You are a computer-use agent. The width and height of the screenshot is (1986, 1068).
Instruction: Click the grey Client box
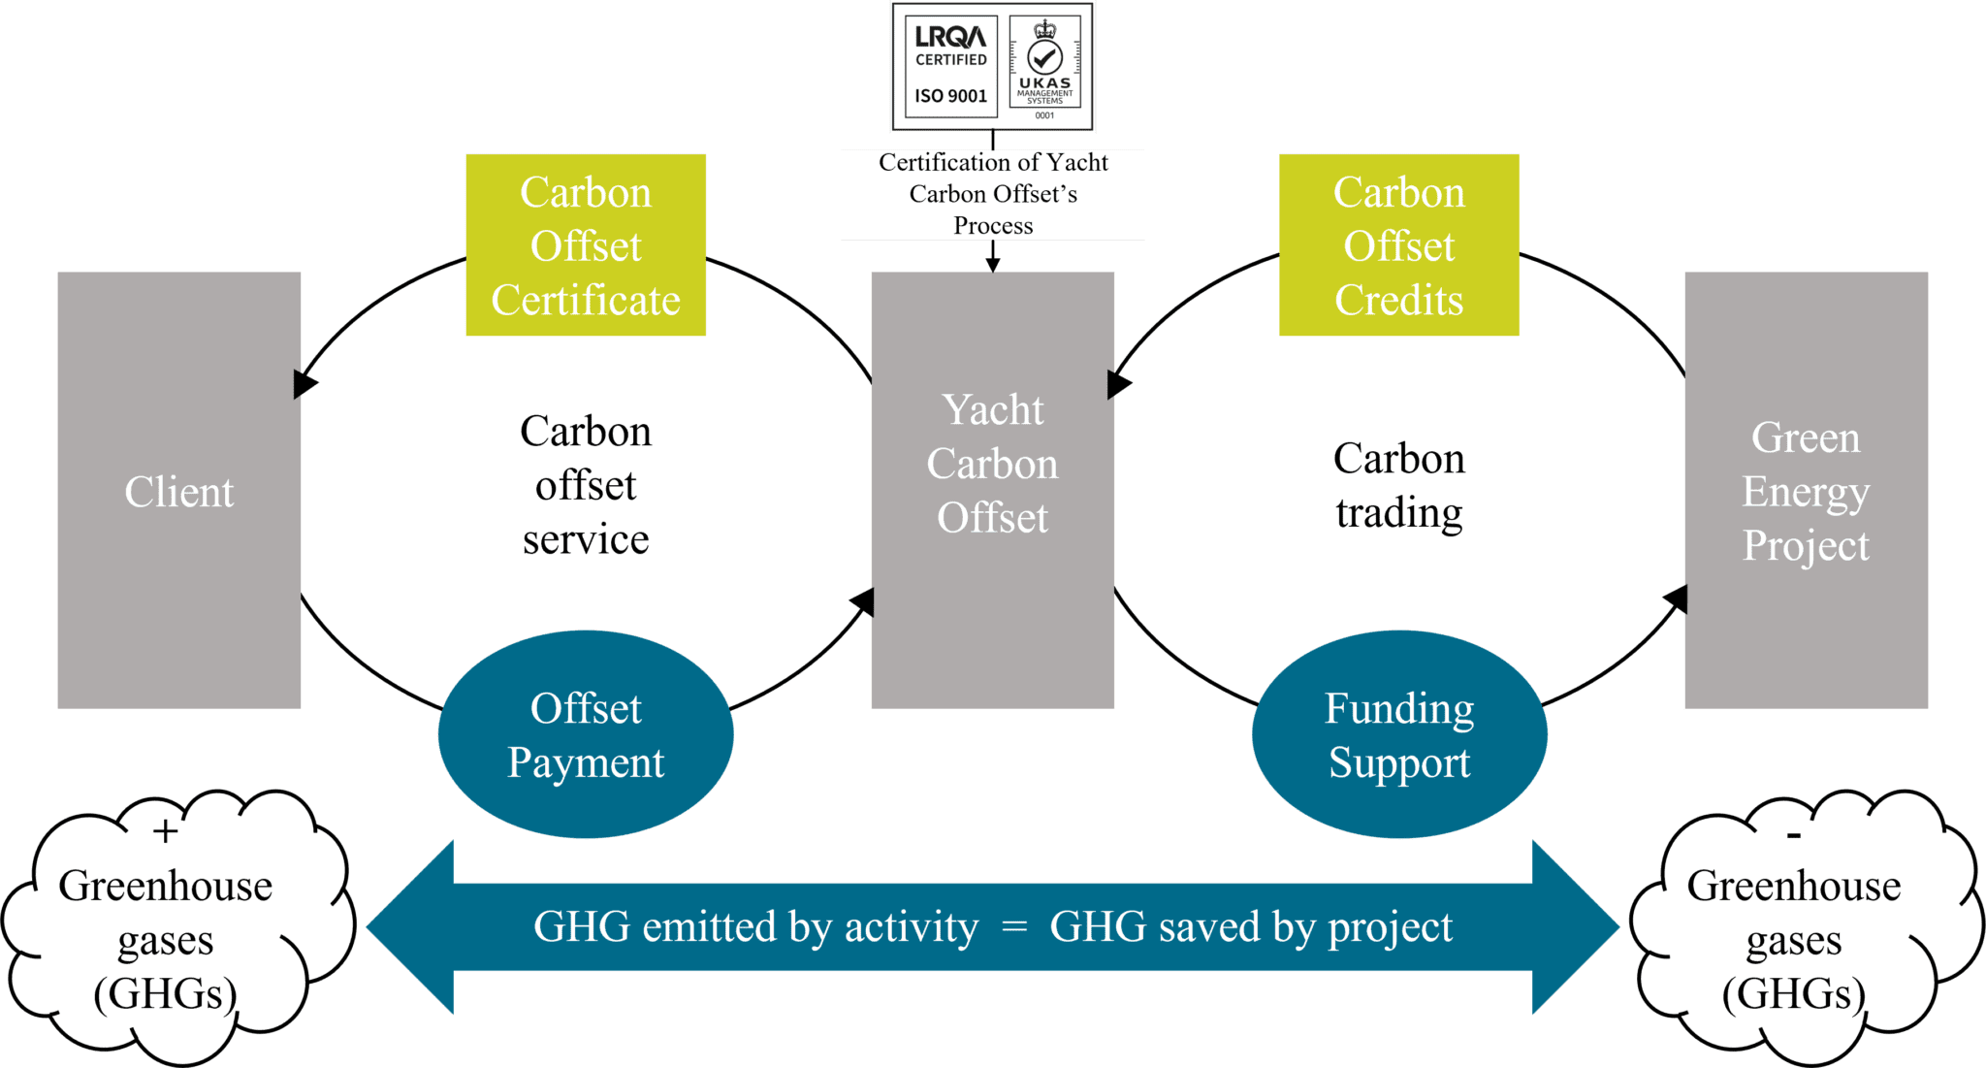[x=178, y=491]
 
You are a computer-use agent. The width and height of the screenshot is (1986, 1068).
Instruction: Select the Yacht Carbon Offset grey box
[x=992, y=491]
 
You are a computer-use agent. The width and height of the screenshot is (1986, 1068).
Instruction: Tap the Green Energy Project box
[x=1806, y=491]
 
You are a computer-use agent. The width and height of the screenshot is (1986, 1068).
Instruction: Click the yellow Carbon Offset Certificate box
[x=586, y=245]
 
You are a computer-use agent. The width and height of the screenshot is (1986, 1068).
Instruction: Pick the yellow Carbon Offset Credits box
[x=1398, y=245]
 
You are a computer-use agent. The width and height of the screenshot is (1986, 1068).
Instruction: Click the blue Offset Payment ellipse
[x=586, y=735]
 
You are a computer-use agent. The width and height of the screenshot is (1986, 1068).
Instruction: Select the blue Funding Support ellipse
[x=1398, y=735]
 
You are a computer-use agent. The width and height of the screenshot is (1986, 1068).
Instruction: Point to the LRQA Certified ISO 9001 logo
[x=950, y=66]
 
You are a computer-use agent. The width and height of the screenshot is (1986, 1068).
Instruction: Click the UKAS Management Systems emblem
[x=1044, y=66]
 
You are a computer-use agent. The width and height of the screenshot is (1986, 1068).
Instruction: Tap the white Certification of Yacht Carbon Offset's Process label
[x=992, y=194]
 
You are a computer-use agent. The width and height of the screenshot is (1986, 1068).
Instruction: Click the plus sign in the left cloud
[x=166, y=831]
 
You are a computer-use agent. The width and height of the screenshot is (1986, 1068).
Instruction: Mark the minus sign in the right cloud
[x=1793, y=835]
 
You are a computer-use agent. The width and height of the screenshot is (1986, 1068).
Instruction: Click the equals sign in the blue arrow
[x=1013, y=927]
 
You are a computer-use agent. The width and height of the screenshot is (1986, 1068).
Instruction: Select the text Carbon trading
[x=1398, y=485]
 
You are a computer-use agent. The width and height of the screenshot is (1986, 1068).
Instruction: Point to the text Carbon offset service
[x=586, y=485]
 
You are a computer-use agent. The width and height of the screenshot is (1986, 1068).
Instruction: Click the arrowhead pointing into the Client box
[x=304, y=384]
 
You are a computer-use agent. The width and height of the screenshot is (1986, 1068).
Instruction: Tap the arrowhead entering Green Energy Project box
[x=1677, y=598]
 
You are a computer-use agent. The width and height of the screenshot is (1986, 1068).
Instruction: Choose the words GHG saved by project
[x=1251, y=927]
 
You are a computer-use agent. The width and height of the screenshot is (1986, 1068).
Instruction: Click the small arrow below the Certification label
[x=992, y=259]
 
